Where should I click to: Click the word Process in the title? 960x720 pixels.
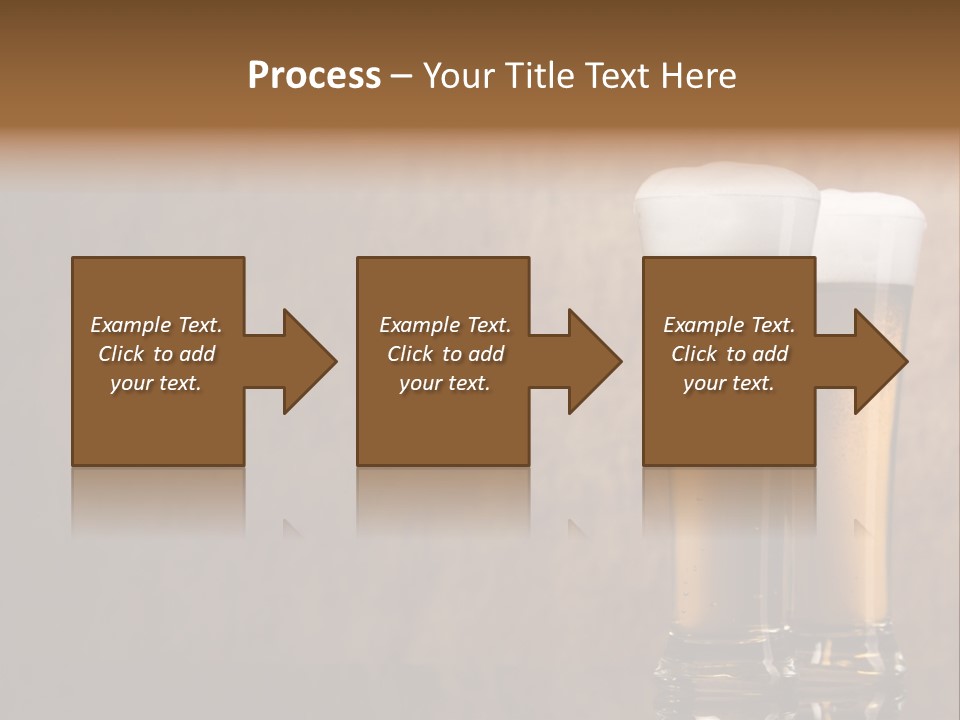coord(314,76)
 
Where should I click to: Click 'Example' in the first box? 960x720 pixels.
coord(130,325)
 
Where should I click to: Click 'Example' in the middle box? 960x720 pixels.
coord(419,325)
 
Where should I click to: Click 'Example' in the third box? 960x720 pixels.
coord(703,325)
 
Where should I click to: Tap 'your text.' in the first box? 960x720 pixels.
coord(156,383)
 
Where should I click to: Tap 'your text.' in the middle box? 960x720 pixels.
coord(444,383)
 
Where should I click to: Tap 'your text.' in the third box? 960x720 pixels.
coord(728,383)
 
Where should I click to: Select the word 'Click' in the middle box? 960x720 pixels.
coord(410,354)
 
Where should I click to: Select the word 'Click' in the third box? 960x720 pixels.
coord(694,354)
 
